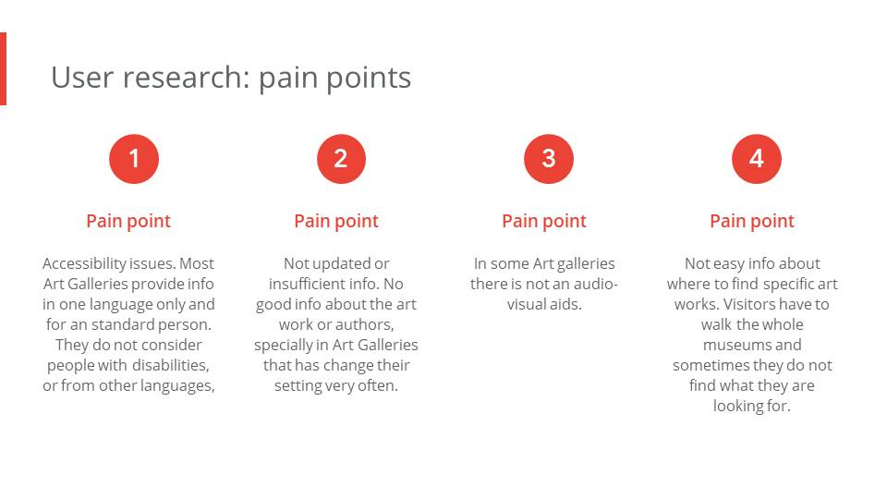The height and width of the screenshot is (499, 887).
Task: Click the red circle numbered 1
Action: [x=134, y=159]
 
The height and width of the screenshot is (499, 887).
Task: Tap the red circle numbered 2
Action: [x=341, y=159]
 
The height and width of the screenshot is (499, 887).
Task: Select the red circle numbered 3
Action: [x=549, y=159]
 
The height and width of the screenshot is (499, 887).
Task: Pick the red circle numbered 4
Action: [x=757, y=159]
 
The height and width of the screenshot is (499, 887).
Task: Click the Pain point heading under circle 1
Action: [x=128, y=221]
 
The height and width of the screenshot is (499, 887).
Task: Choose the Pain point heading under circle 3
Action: [x=544, y=221]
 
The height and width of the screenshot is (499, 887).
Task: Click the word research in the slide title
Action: [x=186, y=78]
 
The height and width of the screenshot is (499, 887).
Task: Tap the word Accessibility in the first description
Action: [x=84, y=263]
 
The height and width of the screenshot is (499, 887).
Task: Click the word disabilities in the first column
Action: [x=170, y=366]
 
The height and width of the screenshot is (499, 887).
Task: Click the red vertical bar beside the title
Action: [x=3, y=68]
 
